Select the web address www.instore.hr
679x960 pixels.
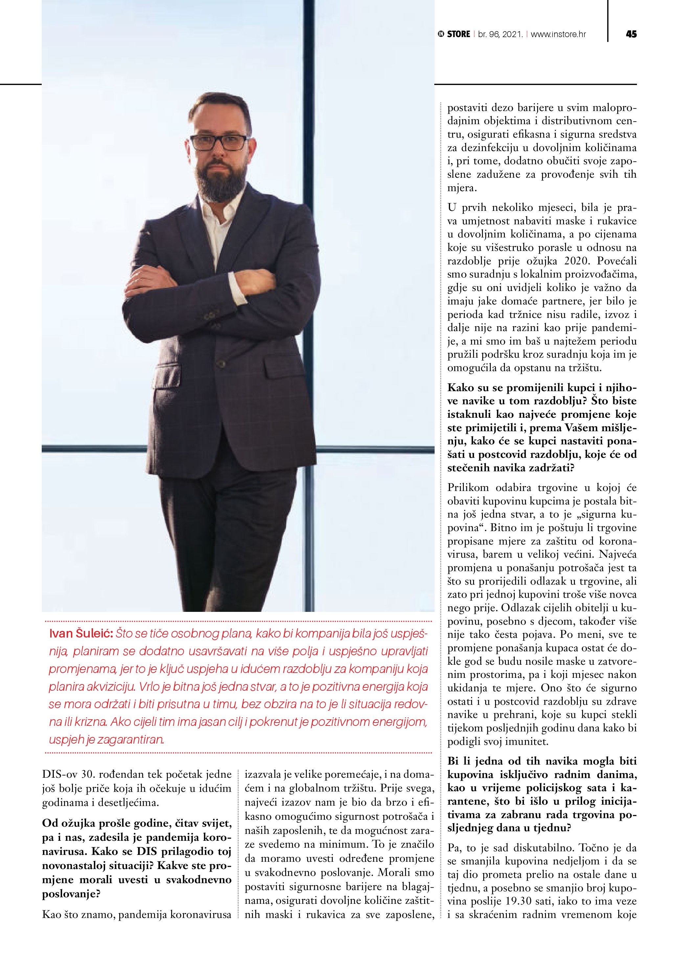(558, 34)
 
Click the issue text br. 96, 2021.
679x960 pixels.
(501, 34)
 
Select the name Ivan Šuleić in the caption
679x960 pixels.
(81, 634)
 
